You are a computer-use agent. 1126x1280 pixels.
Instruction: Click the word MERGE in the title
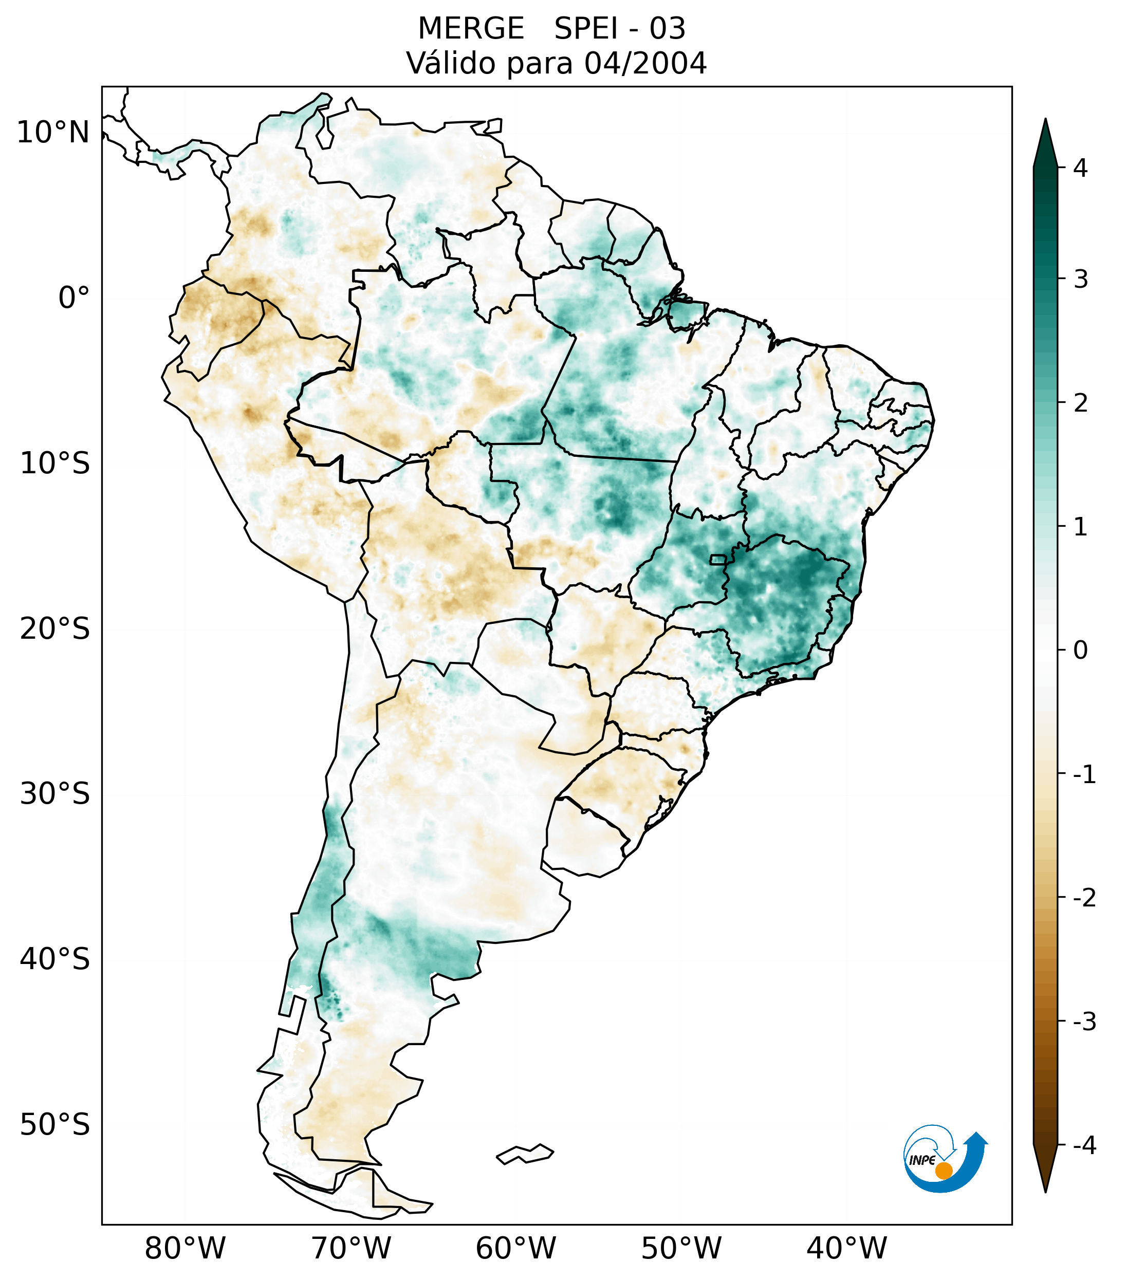pos(470,29)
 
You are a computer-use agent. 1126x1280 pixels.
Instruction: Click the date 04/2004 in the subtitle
pos(645,63)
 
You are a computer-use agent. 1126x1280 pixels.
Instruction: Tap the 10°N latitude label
pos(53,133)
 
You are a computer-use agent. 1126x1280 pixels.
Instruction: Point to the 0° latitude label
pos(74,298)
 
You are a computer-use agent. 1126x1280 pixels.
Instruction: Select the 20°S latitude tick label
pos(55,629)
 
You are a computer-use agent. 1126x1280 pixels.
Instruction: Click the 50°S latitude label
pos(55,1125)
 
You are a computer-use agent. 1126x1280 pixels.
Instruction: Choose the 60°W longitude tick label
pos(515,1249)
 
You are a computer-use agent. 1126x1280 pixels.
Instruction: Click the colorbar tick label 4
pos(1080,168)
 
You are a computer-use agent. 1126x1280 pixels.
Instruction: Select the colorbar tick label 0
pos(1080,651)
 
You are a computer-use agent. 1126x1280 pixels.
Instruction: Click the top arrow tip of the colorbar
pos(1045,121)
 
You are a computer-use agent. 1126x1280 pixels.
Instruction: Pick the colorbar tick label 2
pos(1080,403)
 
